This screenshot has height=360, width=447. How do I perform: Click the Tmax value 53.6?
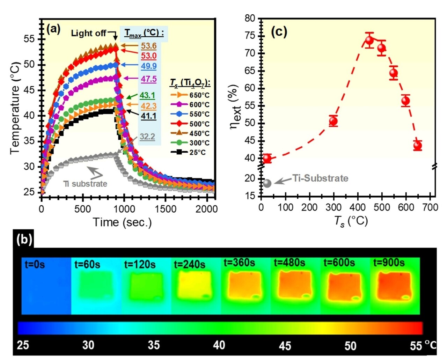pyautogui.click(x=149, y=46)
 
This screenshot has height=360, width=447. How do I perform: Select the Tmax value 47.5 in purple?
pyautogui.click(x=149, y=79)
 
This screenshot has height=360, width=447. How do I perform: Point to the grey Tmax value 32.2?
pyautogui.click(x=147, y=137)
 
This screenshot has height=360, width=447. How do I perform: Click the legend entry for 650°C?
pyautogui.click(x=190, y=95)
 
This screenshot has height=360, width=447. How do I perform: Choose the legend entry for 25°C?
pyautogui.click(x=190, y=152)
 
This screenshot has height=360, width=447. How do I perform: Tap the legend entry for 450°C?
pyautogui.click(x=190, y=133)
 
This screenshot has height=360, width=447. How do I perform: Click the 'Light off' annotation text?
pyautogui.click(x=88, y=33)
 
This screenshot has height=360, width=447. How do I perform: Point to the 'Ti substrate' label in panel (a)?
pyautogui.click(x=85, y=184)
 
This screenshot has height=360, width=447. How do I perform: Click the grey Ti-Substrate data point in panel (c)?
pyautogui.click(x=267, y=183)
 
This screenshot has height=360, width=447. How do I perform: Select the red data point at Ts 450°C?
pyautogui.click(x=369, y=40)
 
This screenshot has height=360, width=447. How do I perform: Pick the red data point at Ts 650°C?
pyautogui.click(x=417, y=146)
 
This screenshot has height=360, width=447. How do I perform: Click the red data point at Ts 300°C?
pyautogui.click(x=333, y=121)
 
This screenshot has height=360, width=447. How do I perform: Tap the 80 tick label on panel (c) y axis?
pyautogui.click(x=250, y=18)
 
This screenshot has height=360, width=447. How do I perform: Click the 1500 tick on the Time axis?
pyautogui.click(x=166, y=209)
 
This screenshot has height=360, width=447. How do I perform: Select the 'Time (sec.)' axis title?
pyautogui.click(x=122, y=222)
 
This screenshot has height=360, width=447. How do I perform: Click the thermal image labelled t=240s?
pyautogui.click(x=196, y=286)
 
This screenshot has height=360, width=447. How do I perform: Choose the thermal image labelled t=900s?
pyautogui.click(x=395, y=286)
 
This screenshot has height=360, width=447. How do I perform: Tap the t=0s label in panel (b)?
pyautogui.click(x=35, y=264)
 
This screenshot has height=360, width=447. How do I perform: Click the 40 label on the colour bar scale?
pyautogui.click(x=219, y=345)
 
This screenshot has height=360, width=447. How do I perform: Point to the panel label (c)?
pyautogui.click(x=279, y=32)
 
